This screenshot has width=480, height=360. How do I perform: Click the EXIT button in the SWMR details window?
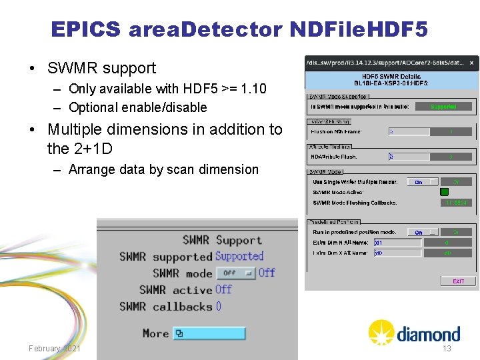(x=458, y=281)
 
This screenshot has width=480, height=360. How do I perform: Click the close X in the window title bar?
(x=471, y=63)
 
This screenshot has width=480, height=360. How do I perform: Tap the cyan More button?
(x=209, y=333)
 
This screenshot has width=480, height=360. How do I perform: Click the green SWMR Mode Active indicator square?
(x=444, y=192)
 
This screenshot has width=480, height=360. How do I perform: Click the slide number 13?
(x=447, y=349)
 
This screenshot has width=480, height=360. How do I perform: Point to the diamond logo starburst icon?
(x=381, y=332)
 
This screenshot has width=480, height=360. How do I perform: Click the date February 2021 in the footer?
(x=55, y=349)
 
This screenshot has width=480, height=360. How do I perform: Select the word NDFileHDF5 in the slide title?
(x=359, y=29)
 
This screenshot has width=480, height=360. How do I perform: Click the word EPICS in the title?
(x=85, y=29)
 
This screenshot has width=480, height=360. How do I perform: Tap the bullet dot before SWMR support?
(x=33, y=69)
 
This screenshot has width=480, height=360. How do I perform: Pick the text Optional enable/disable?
(x=138, y=107)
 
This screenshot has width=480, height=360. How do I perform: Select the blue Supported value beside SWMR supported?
(x=239, y=256)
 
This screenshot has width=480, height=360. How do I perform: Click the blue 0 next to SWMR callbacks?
(x=219, y=307)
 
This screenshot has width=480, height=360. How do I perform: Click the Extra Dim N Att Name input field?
(x=398, y=243)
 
